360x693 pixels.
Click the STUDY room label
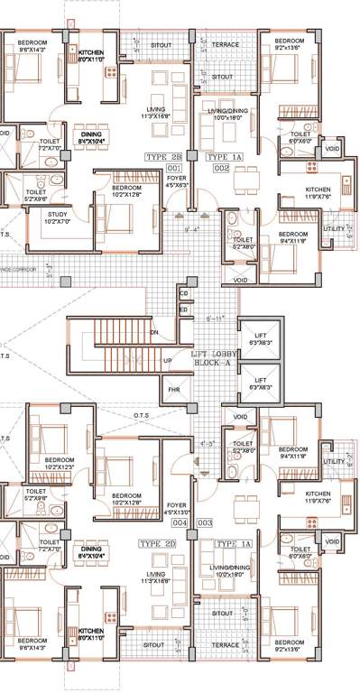pos(36,215)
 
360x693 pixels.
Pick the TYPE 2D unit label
pos(158,544)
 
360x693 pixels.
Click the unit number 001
pos(174,168)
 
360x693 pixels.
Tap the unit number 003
pos(205,522)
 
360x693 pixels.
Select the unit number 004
pos(180,522)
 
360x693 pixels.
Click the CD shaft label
pos(184,293)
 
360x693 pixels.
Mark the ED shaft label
pos(184,310)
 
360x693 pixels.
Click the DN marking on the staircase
pos(154,332)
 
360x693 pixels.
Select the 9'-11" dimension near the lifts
pos(215,318)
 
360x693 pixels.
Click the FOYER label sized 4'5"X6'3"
pos(176,182)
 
